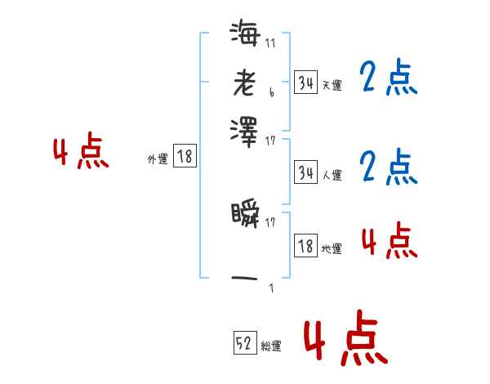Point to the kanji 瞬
244,215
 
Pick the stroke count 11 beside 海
270,43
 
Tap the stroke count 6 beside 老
270,93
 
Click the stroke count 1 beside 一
270,288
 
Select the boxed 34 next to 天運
305,83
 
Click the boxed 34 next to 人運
305,172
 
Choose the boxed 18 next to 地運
305,246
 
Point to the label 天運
332,85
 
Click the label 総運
271,346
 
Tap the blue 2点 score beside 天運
388,79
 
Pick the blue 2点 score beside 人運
388,167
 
